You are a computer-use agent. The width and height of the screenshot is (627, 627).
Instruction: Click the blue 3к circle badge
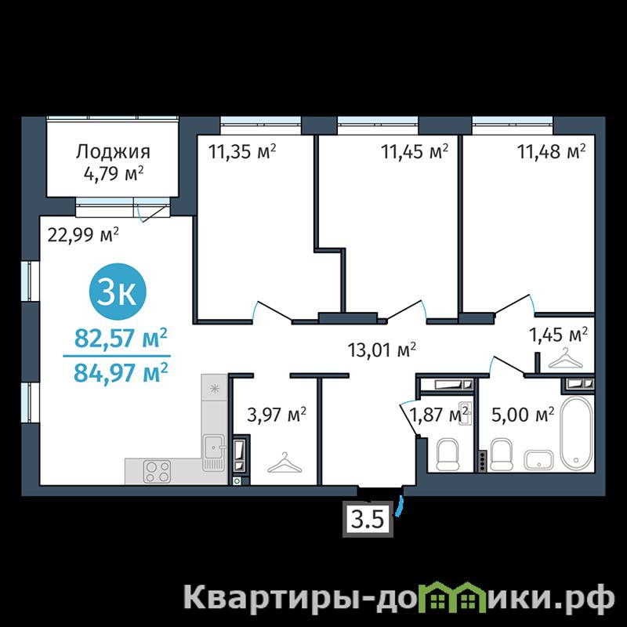[118, 292]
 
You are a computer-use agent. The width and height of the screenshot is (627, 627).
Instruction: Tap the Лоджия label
[113, 152]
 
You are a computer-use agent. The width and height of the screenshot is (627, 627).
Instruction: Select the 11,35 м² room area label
[242, 151]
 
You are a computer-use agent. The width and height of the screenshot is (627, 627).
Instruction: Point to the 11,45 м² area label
[415, 151]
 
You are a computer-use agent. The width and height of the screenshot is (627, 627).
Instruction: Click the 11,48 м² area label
[552, 151]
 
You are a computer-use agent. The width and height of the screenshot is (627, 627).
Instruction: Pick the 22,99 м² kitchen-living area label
[83, 234]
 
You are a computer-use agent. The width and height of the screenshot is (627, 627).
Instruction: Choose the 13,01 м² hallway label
[382, 350]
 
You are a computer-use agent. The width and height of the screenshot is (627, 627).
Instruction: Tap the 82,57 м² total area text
[121, 339]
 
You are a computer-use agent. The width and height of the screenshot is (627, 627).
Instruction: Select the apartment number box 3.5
[368, 519]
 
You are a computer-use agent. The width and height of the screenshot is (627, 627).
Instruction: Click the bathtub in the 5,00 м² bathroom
[576, 433]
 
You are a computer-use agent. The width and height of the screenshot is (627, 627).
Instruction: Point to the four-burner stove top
[158, 471]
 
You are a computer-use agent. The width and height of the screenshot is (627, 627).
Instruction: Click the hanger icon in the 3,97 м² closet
[285, 462]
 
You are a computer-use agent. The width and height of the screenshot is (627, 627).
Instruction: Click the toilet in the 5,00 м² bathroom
[502, 455]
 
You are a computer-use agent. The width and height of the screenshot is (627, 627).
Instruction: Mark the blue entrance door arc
[400, 506]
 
